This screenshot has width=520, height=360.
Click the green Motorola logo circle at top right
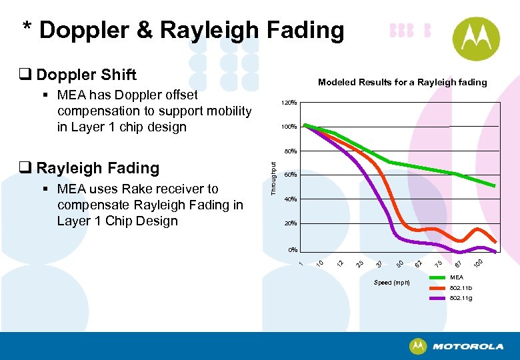pos(475,39)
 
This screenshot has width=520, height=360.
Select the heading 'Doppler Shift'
pos(86,75)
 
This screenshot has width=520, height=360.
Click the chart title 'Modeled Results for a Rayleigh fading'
pos(402,82)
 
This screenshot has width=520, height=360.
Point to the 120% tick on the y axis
pos(289,103)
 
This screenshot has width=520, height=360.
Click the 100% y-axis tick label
pos(289,127)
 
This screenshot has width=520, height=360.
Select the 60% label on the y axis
pos(290,175)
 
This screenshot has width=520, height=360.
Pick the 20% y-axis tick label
pos(290,223)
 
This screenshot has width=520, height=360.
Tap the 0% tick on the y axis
pos(292,250)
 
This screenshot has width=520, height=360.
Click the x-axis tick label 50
pos(399,266)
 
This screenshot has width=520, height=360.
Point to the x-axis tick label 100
pos(477,267)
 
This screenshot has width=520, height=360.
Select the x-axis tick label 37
pos(379,266)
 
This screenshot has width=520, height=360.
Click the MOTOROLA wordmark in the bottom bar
pos(467,346)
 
